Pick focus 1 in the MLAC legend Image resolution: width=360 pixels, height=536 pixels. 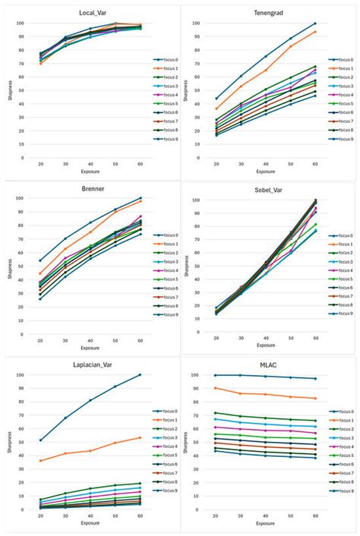[340, 420]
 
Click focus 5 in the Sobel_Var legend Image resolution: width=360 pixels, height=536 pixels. [340, 280]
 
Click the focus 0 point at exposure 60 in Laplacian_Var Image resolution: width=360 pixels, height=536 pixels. [140, 374]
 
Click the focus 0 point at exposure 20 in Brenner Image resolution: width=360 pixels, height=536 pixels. [40, 260]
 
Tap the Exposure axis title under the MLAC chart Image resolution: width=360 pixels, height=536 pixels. [265, 523]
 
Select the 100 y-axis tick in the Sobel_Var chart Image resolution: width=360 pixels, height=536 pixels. [196, 200]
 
